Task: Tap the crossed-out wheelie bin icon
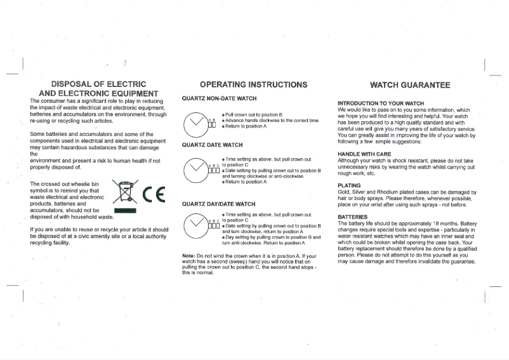[x=125, y=191]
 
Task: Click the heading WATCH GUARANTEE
[x=410, y=84]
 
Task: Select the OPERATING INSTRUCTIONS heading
[x=253, y=84]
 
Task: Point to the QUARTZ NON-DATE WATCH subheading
[x=219, y=99]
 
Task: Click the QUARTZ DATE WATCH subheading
[x=212, y=145]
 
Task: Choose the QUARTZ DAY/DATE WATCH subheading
[x=218, y=204]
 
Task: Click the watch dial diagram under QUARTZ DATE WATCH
[x=195, y=169]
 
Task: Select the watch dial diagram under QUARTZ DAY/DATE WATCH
[x=195, y=225]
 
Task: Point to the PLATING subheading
[x=349, y=185]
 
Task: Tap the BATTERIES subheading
[x=353, y=217]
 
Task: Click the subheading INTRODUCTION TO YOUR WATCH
[x=381, y=103]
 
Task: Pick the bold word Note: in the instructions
[x=188, y=255]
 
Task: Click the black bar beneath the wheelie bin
[x=125, y=210]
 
